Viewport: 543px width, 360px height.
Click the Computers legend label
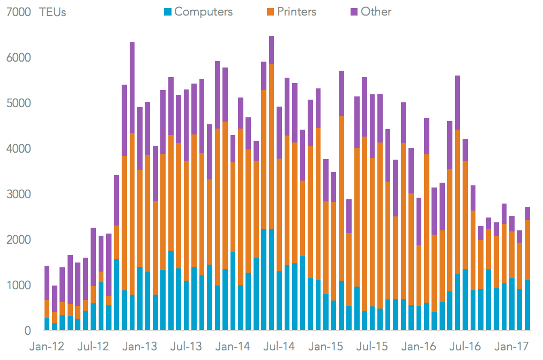[204, 11]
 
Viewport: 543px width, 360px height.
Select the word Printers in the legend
[297, 11]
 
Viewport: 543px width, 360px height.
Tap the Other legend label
[376, 11]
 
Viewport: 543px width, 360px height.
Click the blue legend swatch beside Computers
[168, 12]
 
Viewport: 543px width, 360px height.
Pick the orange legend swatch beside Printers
[270, 12]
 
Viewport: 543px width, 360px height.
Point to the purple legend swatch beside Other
[354, 12]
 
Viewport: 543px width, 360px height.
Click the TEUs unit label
[53, 12]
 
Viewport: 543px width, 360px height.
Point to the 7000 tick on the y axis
[18, 12]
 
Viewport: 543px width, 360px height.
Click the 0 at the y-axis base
[27, 331]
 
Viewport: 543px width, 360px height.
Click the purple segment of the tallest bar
[271, 50]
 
